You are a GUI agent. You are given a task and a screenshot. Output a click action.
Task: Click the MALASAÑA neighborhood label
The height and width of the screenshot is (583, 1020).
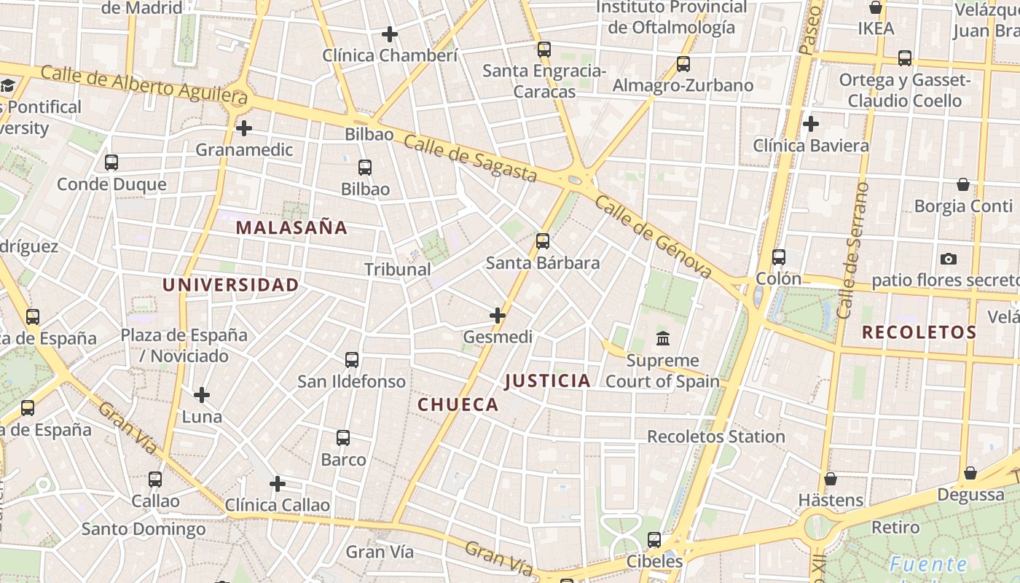(x=291, y=227)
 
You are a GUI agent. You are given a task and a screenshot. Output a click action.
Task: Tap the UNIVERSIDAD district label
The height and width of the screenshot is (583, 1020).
(x=230, y=285)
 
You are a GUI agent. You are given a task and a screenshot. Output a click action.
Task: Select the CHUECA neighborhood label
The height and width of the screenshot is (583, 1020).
(x=458, y=404)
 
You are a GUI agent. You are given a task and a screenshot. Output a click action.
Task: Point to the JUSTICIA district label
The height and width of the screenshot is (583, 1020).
(x=547, y=380)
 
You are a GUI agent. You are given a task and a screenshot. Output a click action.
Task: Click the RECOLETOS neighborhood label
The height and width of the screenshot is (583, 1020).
(x=919, y=333)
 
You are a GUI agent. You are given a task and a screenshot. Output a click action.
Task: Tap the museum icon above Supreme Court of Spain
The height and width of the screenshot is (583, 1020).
(x=663, y=338)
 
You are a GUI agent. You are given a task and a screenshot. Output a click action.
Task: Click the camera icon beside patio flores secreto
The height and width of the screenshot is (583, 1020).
(x=948, y=259)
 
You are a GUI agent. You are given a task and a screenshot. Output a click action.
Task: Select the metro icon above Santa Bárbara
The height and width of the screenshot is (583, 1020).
(x=542, y=240)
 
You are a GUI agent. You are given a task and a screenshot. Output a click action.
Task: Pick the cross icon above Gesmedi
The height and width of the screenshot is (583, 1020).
(x=498, y=316)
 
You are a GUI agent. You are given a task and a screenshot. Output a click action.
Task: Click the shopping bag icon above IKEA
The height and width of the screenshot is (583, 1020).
(x=876, y=8)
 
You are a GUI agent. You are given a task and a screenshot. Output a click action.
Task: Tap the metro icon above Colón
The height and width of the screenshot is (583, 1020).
(x=779, y=257)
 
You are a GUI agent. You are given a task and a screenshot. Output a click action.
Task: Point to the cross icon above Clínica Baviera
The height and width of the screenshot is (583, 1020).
(x=810, y=124)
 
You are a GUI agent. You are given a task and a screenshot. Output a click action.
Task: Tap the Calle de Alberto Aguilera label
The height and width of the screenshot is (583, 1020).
(x=144, y=85)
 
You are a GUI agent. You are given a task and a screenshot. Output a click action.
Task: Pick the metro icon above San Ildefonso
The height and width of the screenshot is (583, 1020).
(x=352, y=359)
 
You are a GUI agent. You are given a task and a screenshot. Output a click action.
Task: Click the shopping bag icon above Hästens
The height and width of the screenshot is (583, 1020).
(x=831, y=479)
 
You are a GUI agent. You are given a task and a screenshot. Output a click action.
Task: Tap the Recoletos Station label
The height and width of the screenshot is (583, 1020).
(x=715, y=437)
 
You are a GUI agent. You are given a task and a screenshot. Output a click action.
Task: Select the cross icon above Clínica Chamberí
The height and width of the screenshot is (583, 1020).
(x=390, y=34)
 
